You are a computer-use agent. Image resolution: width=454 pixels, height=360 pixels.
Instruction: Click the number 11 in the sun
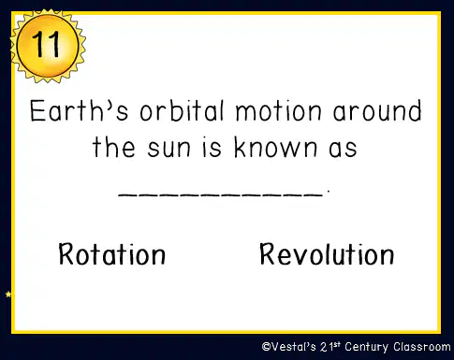coord(46,44)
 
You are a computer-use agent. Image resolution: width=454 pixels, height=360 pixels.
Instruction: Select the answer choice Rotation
coord(112,254)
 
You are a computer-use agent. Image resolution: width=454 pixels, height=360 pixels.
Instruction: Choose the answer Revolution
coord(327,254)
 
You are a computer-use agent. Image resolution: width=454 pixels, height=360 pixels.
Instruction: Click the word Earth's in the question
coord(79,110)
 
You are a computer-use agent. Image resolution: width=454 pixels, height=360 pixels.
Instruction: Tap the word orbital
coord(183,110)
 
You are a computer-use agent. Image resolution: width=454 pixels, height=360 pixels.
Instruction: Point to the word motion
coord(278,111)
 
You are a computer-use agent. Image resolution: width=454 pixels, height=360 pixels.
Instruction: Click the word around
coord(377,110)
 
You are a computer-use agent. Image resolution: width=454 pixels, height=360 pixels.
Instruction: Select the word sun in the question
coord(168,149)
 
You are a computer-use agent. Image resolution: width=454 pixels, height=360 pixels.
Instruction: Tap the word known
coord(275,147)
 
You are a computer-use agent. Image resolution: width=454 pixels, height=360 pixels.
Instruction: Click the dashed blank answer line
coord(220,194)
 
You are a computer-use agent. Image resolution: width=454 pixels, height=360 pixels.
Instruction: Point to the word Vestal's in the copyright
coord(294,347)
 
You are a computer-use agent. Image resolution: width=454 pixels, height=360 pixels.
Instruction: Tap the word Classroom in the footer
coord(422,347)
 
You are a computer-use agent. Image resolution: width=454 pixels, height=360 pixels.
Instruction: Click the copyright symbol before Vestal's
coord(266,347)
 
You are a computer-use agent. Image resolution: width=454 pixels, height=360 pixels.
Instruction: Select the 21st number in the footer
coord(330,347)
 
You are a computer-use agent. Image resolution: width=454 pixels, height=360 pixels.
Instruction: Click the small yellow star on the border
coord(8,294)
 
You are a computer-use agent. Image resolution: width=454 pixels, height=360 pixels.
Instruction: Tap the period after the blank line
coord(328,191)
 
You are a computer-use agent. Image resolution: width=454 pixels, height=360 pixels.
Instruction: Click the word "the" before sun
coord(113,147)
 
